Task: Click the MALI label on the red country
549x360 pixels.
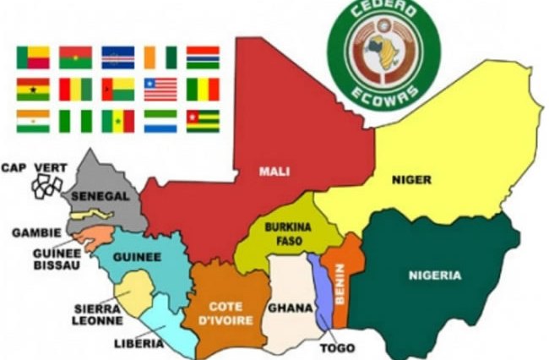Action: click(x=274, y=172)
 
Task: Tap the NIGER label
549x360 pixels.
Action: click(x=412, y=179)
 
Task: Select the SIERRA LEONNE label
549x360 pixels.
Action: click(x=98, y=314)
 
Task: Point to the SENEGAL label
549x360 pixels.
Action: click(x=100, y=195)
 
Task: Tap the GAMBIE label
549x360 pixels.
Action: click(x=36, y=232)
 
